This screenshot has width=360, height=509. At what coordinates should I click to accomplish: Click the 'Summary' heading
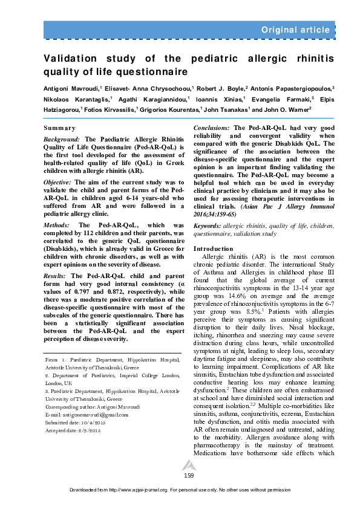pyautogui.click(x=60, y=128)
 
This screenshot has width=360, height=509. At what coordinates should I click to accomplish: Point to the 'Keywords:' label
pyautogui.click(x=208, y=225)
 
